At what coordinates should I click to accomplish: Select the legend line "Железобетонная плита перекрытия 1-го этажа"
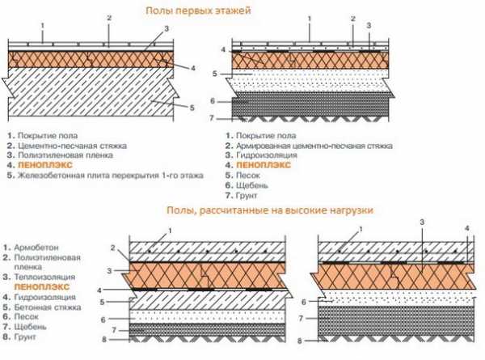109,176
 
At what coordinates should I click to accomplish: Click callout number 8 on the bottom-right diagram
310,341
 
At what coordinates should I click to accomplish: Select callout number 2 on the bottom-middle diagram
114,247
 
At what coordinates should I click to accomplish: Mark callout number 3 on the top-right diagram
369,25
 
